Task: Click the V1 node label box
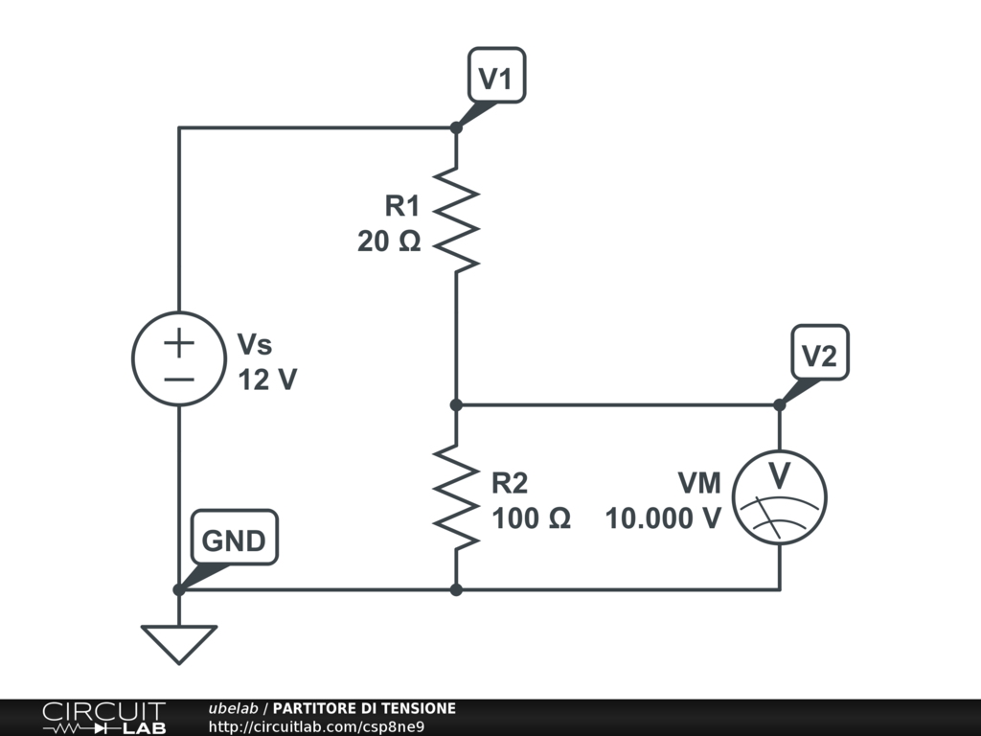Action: click(x=496, y=76)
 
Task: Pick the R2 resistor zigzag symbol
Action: click(x=456, y=496)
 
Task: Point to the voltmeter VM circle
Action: click(x=779, y=497)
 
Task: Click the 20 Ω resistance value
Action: click(x=389, y=242)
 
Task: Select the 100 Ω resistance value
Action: click(x=532, y=518)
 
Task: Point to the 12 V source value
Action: click(x=267, y=379)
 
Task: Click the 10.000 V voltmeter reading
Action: click(x=663, y=518)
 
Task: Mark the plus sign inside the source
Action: click(x=178, y=341)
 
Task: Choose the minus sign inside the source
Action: click(x=178, y=378)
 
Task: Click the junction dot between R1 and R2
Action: click(x=456, y=404)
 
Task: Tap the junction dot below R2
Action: click(x=456, y=589)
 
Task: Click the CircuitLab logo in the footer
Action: click(x=103, y=718)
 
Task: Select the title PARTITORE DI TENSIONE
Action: click(x=364, y=708)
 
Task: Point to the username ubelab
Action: click(x=233, y=708)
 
